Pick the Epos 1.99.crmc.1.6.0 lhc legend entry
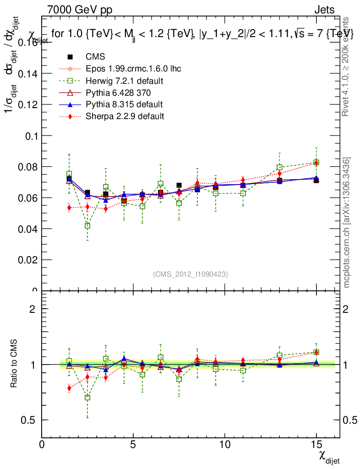pos(133,69)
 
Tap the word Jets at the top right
pos(324,10)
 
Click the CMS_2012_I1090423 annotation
pos(191,274)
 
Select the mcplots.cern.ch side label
pos(347,223)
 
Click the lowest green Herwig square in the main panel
pos(87,226)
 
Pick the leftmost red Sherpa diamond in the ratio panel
pos(69,388)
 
